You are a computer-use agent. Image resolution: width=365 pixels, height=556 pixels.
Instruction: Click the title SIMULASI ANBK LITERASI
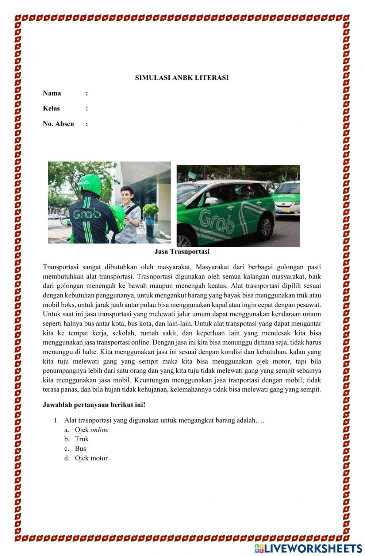coord(182,78)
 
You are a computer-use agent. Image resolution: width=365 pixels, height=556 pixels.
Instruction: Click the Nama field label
coord(52,93)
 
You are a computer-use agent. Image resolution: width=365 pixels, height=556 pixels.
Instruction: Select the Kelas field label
coord(51,109)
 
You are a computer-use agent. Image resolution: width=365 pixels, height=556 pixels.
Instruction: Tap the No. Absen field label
coord(58,124)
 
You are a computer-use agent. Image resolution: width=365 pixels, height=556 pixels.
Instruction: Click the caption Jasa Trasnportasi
coord(182,252)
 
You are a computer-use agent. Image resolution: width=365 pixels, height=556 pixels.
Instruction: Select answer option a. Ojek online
coord(91,430)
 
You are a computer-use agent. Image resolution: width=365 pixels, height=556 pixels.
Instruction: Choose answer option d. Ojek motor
coord(91,458)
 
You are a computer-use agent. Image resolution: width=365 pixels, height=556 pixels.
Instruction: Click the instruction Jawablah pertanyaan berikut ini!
coord(94,405)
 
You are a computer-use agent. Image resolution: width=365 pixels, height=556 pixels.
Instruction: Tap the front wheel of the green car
coord(265,226)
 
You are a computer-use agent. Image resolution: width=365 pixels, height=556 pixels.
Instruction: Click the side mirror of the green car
coord(211,201)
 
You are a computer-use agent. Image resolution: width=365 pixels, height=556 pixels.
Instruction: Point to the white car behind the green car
coord(287,199)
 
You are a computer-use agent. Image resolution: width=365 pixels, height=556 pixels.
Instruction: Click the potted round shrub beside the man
coord(150,211)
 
